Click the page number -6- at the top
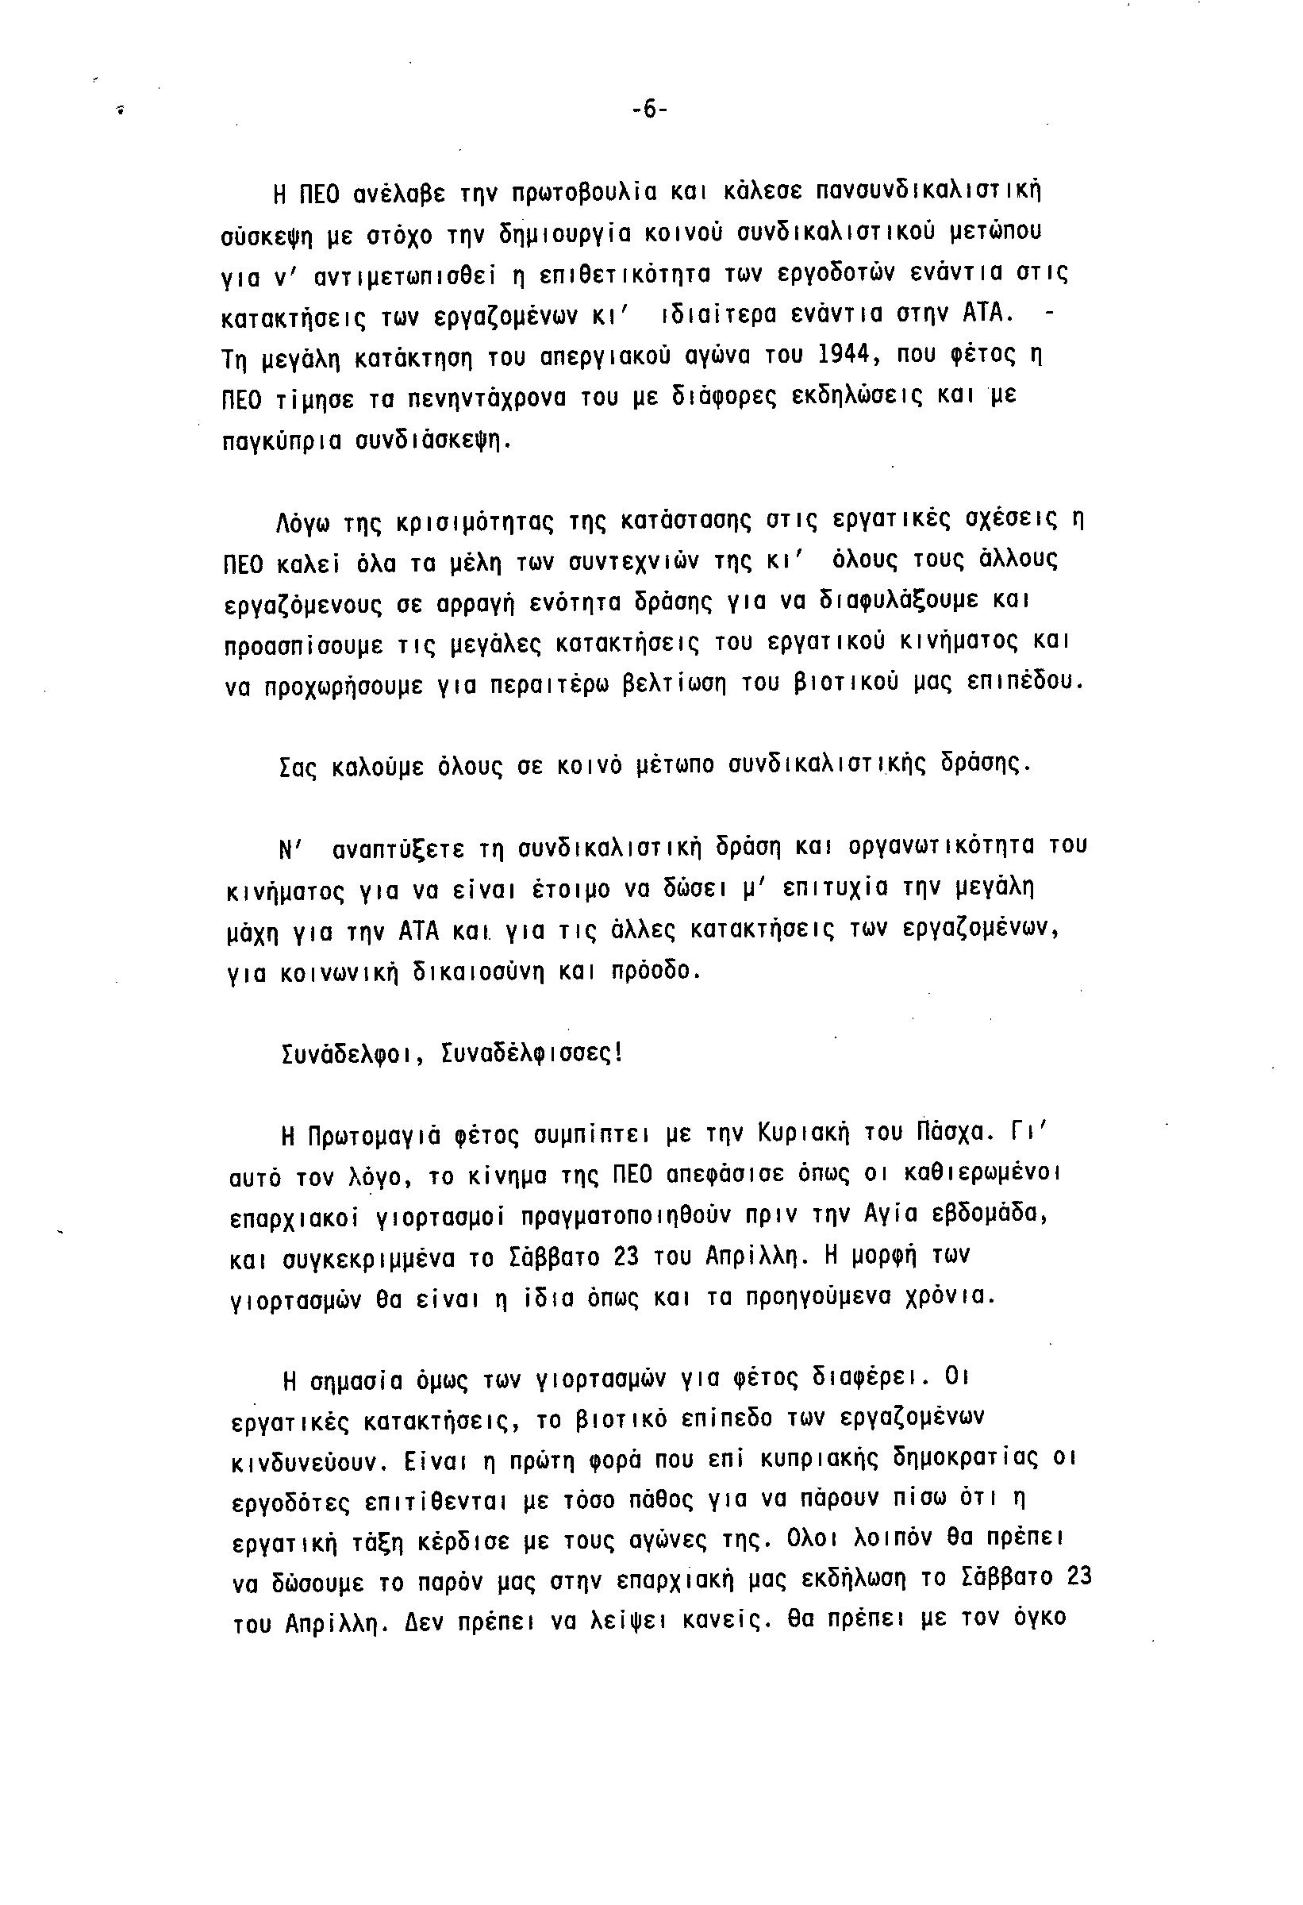point(650,110)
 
